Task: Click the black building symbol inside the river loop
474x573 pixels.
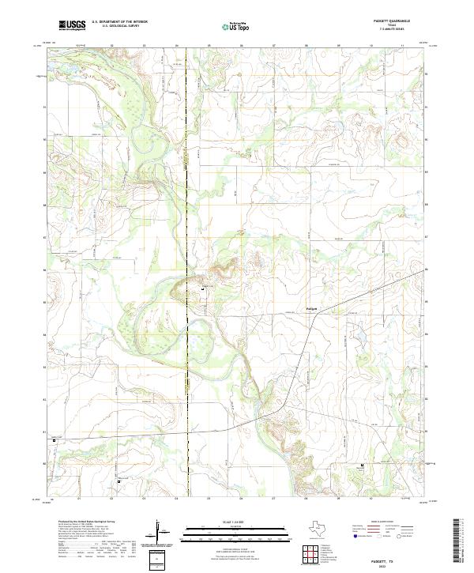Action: click(x=202, y=290)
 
